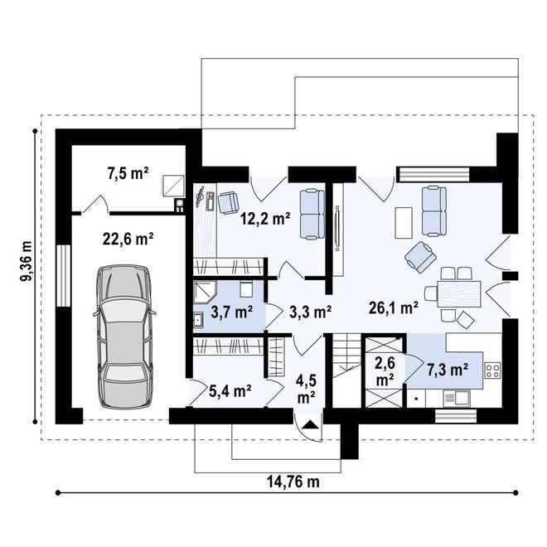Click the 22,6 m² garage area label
[127, 240]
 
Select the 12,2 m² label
[265, 220]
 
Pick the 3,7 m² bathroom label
[231, 312]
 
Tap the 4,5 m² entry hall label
[305, 390]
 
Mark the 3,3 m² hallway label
[310, 312]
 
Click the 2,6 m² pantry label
[384, 370]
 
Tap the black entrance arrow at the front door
[309, 425]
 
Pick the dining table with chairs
[453, 292]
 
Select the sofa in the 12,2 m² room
[311, 213]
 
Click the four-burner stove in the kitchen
[493, 369]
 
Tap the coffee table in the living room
[404, 220]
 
